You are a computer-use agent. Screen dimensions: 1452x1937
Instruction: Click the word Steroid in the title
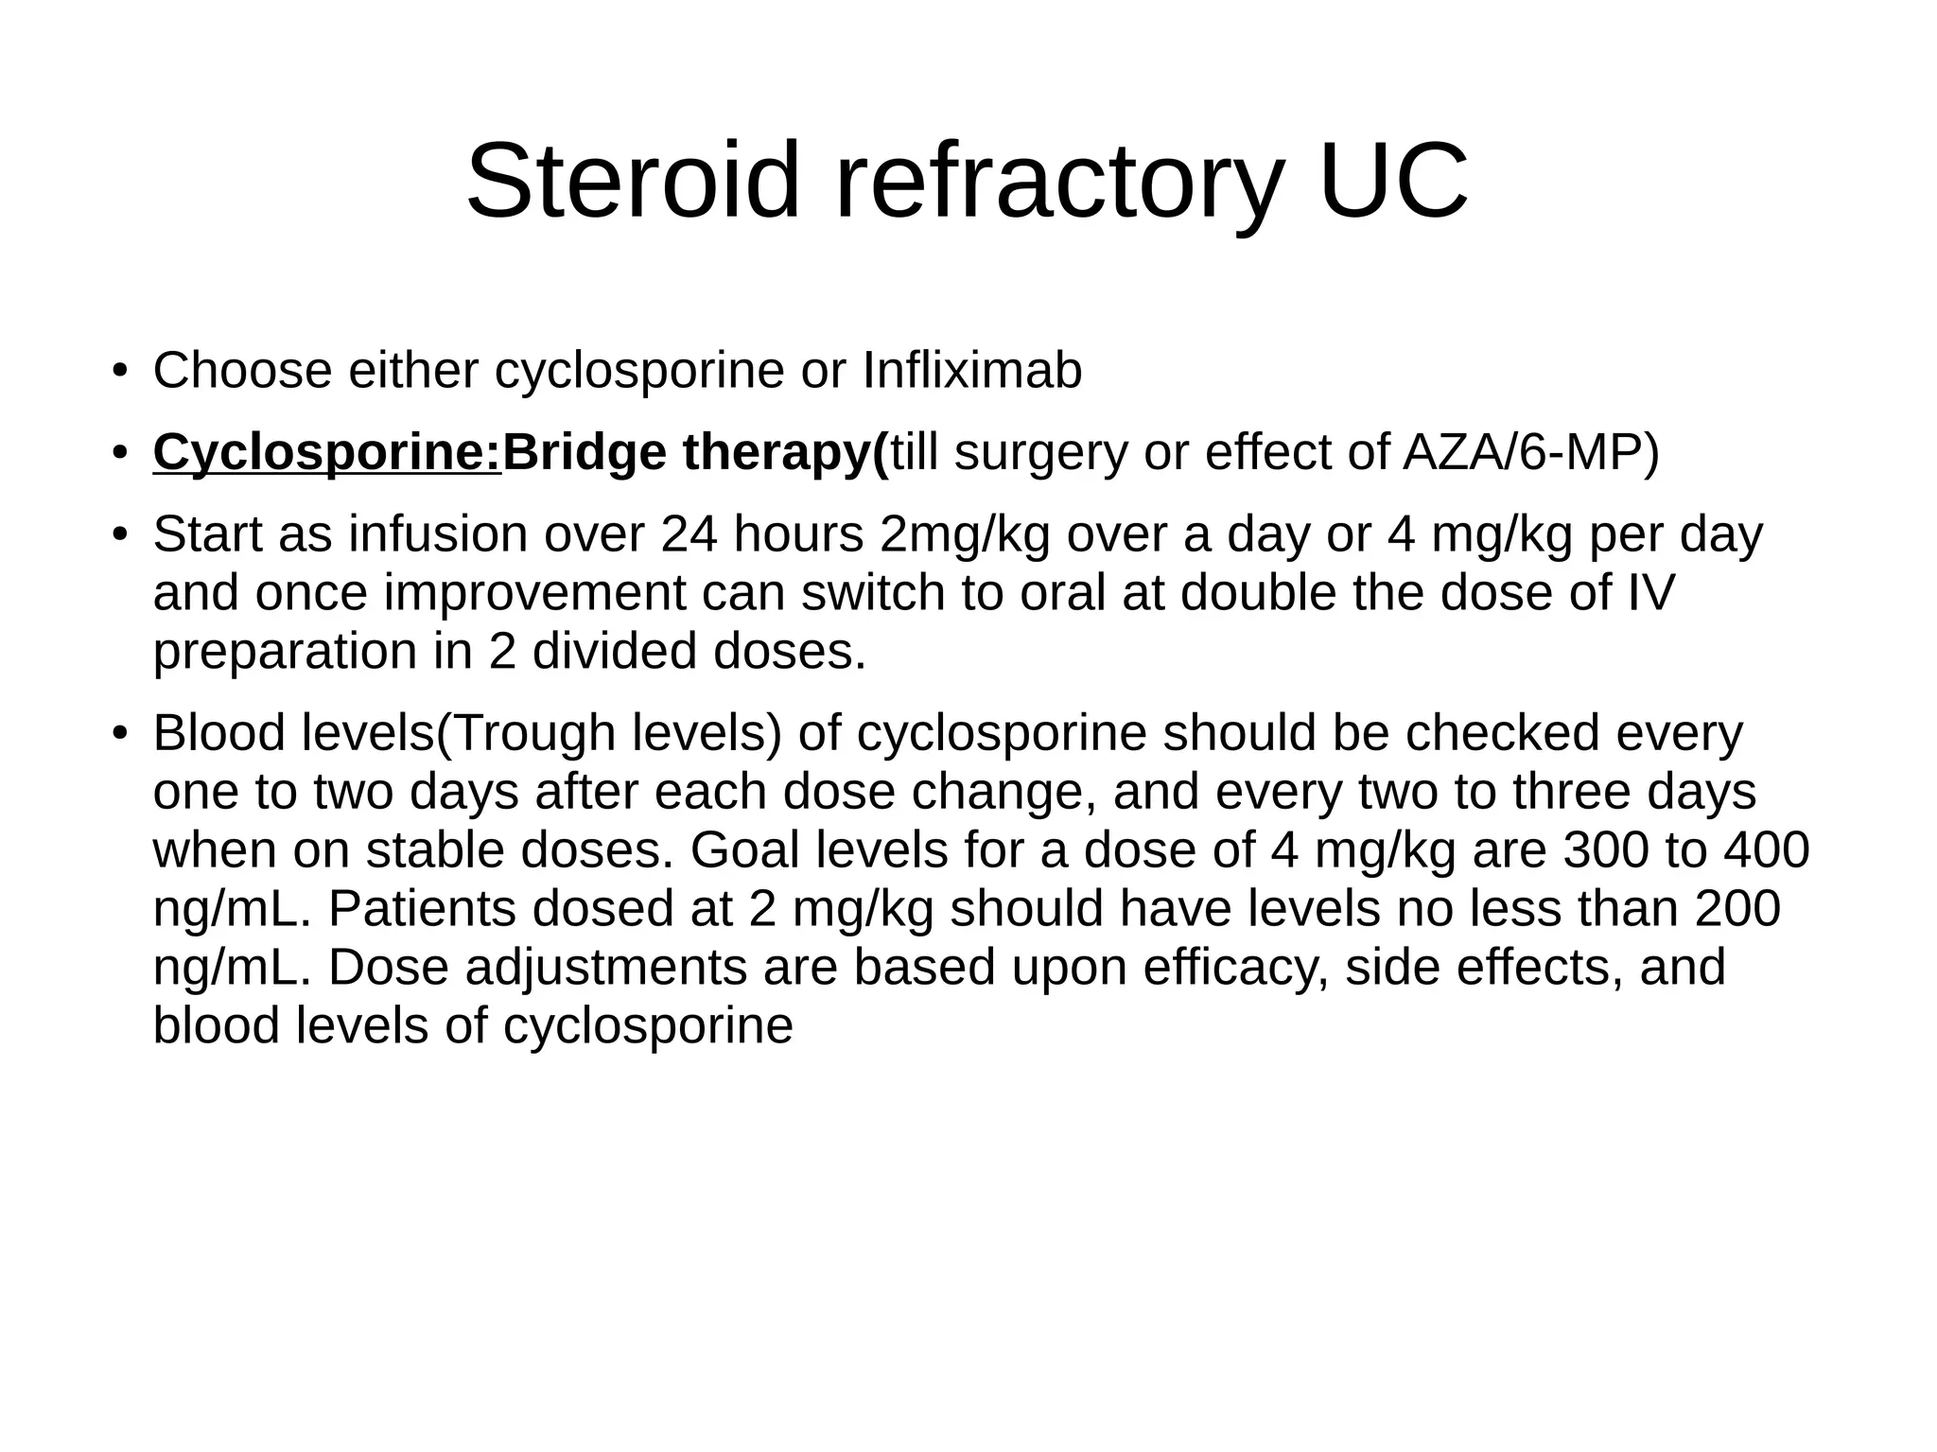(634, 182)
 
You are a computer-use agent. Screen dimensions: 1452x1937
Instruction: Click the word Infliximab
(972, 370)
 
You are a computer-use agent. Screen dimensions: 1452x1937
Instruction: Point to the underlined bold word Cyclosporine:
(327, 452)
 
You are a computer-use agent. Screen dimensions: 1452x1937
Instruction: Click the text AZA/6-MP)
(1530, 452)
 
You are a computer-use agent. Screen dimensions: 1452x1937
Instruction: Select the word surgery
(1041, 452)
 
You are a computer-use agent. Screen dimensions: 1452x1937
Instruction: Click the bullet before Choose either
(118, 370)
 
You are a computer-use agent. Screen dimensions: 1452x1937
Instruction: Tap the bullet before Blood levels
(118, 734)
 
